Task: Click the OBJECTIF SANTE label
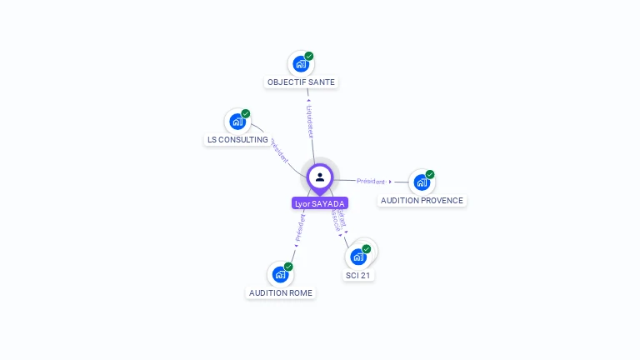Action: coord(301,82)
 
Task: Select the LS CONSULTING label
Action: coord(237,140)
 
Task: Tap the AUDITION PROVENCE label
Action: coord(422,201)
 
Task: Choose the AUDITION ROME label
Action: coord(281,293)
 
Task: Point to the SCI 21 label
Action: coord(358,276)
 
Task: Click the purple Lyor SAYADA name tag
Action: coord(320,203)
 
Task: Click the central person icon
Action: coord(320,177)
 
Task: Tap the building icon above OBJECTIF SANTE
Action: coord(301,64)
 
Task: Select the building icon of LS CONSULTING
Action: coord(237,122)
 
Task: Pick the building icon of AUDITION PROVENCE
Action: coord(422,182)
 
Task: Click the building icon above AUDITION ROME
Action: coord(281,274)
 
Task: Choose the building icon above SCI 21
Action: coord(358,257)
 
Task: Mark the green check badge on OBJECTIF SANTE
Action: coord(309,56)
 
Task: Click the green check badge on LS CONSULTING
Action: coord(246,113)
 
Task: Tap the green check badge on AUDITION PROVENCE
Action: coord(430,174)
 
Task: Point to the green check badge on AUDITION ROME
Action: coord(289,266)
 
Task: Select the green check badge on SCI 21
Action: coord(367,248)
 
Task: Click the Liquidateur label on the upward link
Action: coord(310,120)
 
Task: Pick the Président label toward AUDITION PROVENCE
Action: coord(371,181)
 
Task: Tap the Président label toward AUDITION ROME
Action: coord(300,227)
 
